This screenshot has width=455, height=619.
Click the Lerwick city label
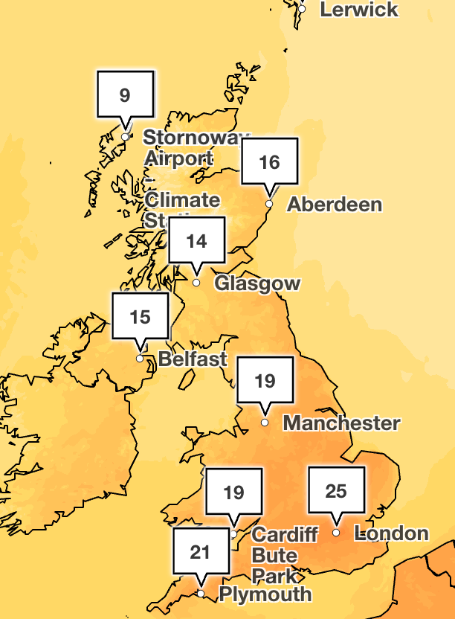(359, 10)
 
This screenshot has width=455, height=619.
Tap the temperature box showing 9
(125, 94)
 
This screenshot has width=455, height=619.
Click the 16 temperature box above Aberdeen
(269, 161)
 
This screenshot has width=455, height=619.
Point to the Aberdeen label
(335, 204)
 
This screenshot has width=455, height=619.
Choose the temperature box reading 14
(196, 240)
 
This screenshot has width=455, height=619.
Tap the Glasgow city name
(257, 283)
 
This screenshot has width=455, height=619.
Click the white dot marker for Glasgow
(196, 283)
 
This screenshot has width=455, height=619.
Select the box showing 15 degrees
(140, 317)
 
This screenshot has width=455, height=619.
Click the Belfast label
(193, 359)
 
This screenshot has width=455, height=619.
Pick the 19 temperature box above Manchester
(265, 381)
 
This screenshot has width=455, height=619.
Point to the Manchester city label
(342, 423)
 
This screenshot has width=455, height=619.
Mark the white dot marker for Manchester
(265, 423)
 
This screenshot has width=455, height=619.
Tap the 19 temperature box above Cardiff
(233, 492)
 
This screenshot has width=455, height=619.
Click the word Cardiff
(285, 534)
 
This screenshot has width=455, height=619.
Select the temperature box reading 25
(336, 490)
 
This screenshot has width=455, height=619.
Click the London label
(392, 533)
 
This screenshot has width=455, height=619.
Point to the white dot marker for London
(336, 533)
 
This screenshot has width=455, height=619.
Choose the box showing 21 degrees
(200, 551)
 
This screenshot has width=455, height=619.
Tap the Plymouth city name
(265, 594)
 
